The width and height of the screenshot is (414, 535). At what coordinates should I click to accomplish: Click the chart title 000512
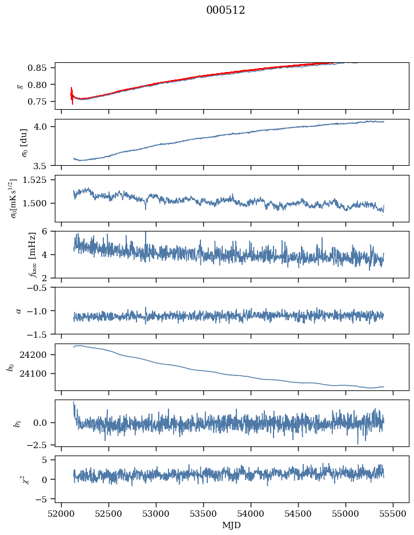226,10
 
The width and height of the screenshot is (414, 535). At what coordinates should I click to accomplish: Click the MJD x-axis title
231,525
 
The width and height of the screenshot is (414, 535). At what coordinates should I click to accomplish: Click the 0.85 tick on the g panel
41,68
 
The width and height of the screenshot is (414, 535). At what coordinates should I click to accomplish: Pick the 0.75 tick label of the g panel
41,102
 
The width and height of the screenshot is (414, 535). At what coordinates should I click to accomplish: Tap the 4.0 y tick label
45,126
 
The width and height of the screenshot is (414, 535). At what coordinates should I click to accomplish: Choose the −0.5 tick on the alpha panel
41,288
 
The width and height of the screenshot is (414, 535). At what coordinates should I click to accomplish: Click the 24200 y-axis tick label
37,355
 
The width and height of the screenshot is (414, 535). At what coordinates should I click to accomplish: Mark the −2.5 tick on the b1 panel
41,444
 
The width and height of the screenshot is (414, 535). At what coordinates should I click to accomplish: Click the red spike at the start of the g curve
72,95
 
